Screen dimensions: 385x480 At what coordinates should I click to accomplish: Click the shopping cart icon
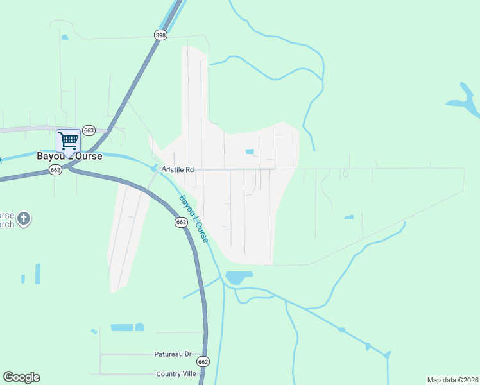coord(68,141)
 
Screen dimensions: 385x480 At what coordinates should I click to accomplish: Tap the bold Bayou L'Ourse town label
coord(71,156)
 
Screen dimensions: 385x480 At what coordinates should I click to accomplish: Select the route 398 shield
coord(160,35)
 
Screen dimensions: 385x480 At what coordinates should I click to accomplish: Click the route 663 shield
coord(89,130)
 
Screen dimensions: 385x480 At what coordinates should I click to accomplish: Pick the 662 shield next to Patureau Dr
coord(203,361)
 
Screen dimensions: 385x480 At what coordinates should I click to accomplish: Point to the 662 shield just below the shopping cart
coord(55,169)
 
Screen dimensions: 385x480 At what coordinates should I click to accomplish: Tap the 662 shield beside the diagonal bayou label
coord(181,222)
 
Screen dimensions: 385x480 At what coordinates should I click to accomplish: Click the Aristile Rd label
coord(178,169)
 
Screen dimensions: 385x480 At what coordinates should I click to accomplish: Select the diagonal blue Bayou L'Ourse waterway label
coord(194,219)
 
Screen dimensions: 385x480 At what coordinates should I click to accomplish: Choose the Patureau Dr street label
coord(173,354)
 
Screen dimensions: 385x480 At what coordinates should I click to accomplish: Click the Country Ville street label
coord(176,373)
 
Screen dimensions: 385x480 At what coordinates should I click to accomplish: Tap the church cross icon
coord(24,219)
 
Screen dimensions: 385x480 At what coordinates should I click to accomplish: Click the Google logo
coord(21,377)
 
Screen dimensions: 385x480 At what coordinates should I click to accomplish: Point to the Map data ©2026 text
coord(452,380)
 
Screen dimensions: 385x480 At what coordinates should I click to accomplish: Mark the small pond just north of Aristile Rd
coord(250,151)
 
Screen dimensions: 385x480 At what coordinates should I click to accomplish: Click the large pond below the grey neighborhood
coord(238,278)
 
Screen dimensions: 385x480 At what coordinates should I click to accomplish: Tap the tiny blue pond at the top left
coord(64,37)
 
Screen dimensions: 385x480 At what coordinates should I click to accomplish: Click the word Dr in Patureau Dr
coord(188,354)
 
